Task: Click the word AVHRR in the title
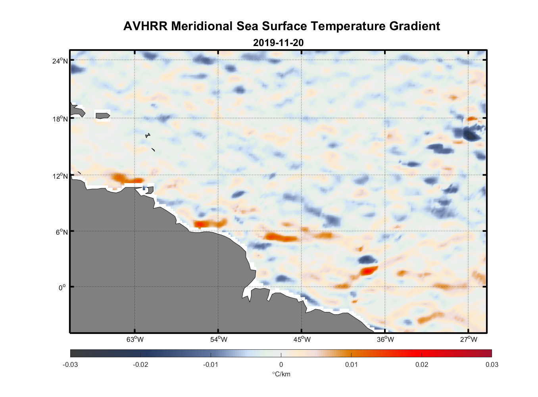click(x=145, y=26)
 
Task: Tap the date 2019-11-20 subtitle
click(x=278, y=42)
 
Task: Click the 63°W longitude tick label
click(x=135, y=339)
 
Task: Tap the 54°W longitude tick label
click(x=218, y=339)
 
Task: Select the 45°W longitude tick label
click(x=302, y=339)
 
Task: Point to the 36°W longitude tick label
click(x=385, y=339)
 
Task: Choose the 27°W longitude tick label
click(x=469, y=339)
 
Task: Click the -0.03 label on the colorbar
click(x=70, y=364)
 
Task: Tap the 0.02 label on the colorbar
click(x=421, y=364)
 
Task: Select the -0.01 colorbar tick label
click(x=210, y=364)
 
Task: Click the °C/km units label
click(x=281, y=374)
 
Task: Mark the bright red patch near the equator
click(x=369, y=271)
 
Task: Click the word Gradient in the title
click(x=414, y=26)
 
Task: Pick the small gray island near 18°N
click(x=102, y=116)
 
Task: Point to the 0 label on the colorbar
click(x=281, y=364)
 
